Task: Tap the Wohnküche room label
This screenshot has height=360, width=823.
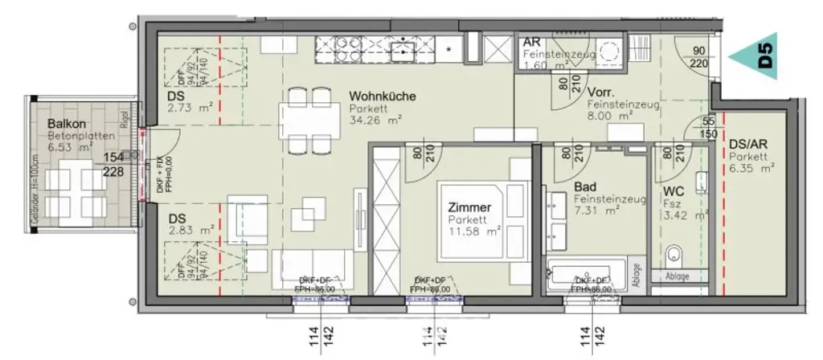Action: coord(382,96)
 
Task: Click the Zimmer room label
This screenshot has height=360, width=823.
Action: coord(468,207)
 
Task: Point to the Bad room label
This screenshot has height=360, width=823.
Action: coord(584,187)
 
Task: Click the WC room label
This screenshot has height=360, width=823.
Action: coord(673,193)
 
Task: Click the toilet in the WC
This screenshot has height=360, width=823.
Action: coord(674,255)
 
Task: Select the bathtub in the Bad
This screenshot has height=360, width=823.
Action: coord(584,275)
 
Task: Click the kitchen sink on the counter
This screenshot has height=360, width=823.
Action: coord(402,51)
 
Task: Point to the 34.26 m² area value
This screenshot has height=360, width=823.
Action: coord(375,121)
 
